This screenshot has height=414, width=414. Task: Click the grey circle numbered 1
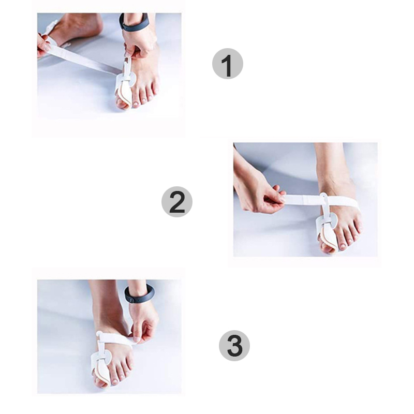click(228, 64)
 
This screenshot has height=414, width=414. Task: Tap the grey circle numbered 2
click(177, 202)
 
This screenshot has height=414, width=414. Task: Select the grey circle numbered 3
click(234, 346)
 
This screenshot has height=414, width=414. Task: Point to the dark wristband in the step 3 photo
click(139, 293)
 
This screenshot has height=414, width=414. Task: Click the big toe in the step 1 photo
click(123, 101)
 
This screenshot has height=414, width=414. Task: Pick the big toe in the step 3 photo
click(100, 380)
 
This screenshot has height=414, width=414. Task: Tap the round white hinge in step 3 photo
click(106, 357)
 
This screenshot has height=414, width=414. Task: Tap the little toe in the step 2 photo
click(359, 227)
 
